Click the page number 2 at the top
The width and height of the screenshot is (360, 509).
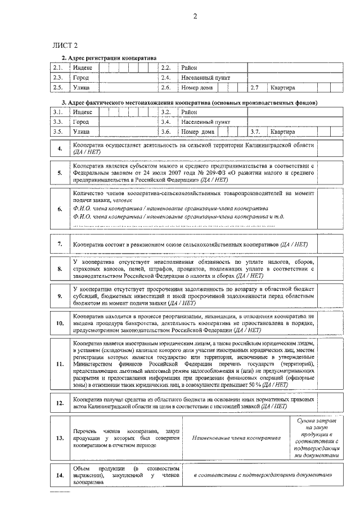coord(195,16)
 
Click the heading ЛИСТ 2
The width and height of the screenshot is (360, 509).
coord(64,45)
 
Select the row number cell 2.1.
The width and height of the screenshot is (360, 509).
coord(57,67)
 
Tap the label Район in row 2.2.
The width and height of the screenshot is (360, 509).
coord(189,67)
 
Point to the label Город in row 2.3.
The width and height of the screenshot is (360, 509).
coord(81,78)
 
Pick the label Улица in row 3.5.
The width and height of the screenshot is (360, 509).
coord(82,132)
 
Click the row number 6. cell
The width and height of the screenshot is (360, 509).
coord(60,209)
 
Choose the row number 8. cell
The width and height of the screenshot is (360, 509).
coord(60,269)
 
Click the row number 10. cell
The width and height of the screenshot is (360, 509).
coord(60,323)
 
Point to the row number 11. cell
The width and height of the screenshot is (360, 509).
coord(60,364)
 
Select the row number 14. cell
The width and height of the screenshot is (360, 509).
coord(60,475)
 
